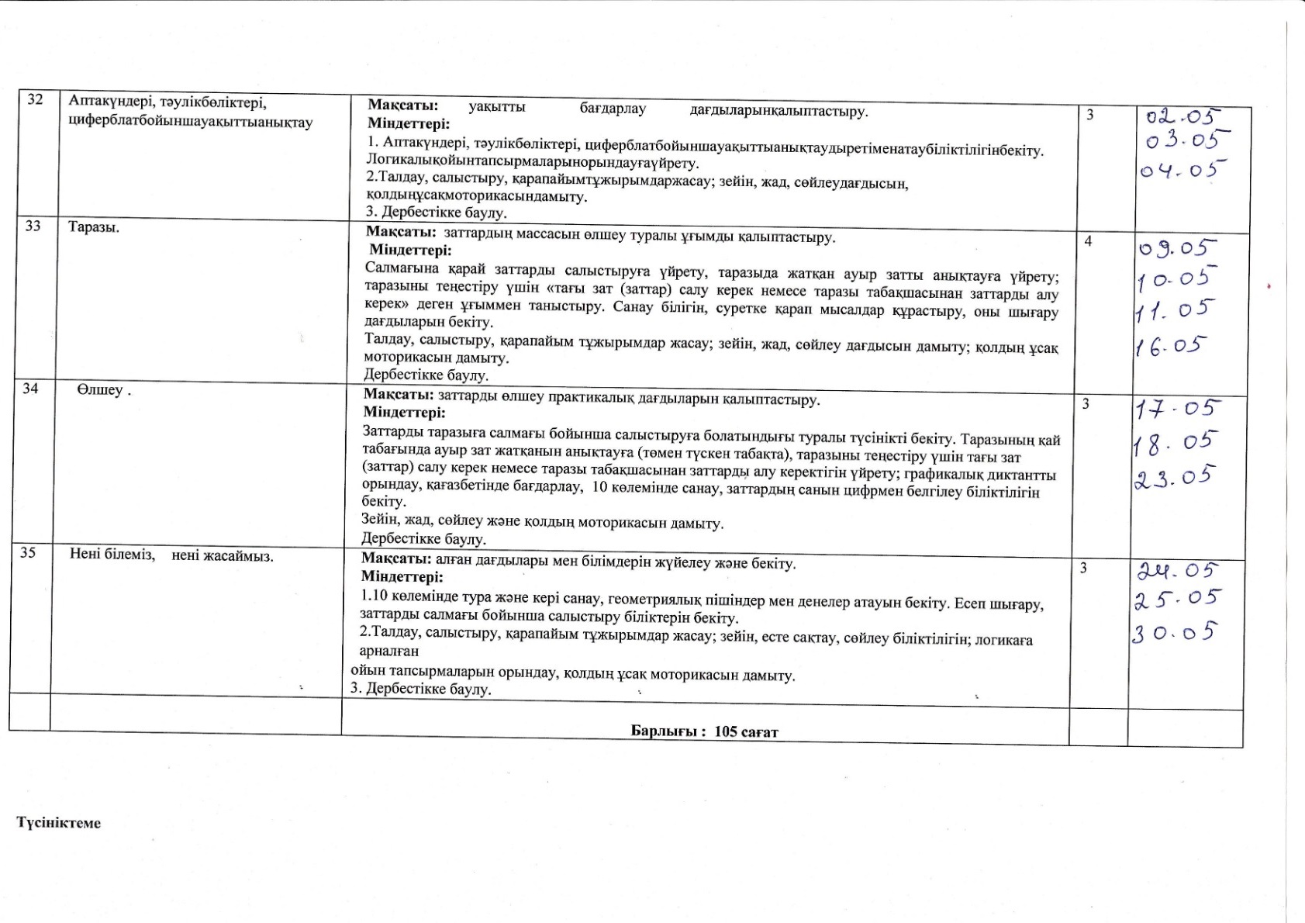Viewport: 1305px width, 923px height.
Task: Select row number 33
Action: (33, 227)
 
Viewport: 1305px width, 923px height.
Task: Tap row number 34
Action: (30, 388)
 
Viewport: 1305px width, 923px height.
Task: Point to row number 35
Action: (28, 553)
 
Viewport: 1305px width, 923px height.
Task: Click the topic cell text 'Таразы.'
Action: (94, 229)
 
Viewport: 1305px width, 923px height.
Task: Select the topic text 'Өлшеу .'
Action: (104, 390)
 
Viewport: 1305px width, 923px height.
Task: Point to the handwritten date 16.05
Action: (1172, 345)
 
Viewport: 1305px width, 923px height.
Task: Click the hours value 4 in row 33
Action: (1088, 241)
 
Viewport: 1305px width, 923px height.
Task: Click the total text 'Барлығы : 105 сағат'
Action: (704, 731)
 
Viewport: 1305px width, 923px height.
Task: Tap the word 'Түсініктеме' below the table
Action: (59, 823)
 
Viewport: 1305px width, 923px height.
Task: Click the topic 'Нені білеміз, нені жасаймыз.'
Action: (171, 555)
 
